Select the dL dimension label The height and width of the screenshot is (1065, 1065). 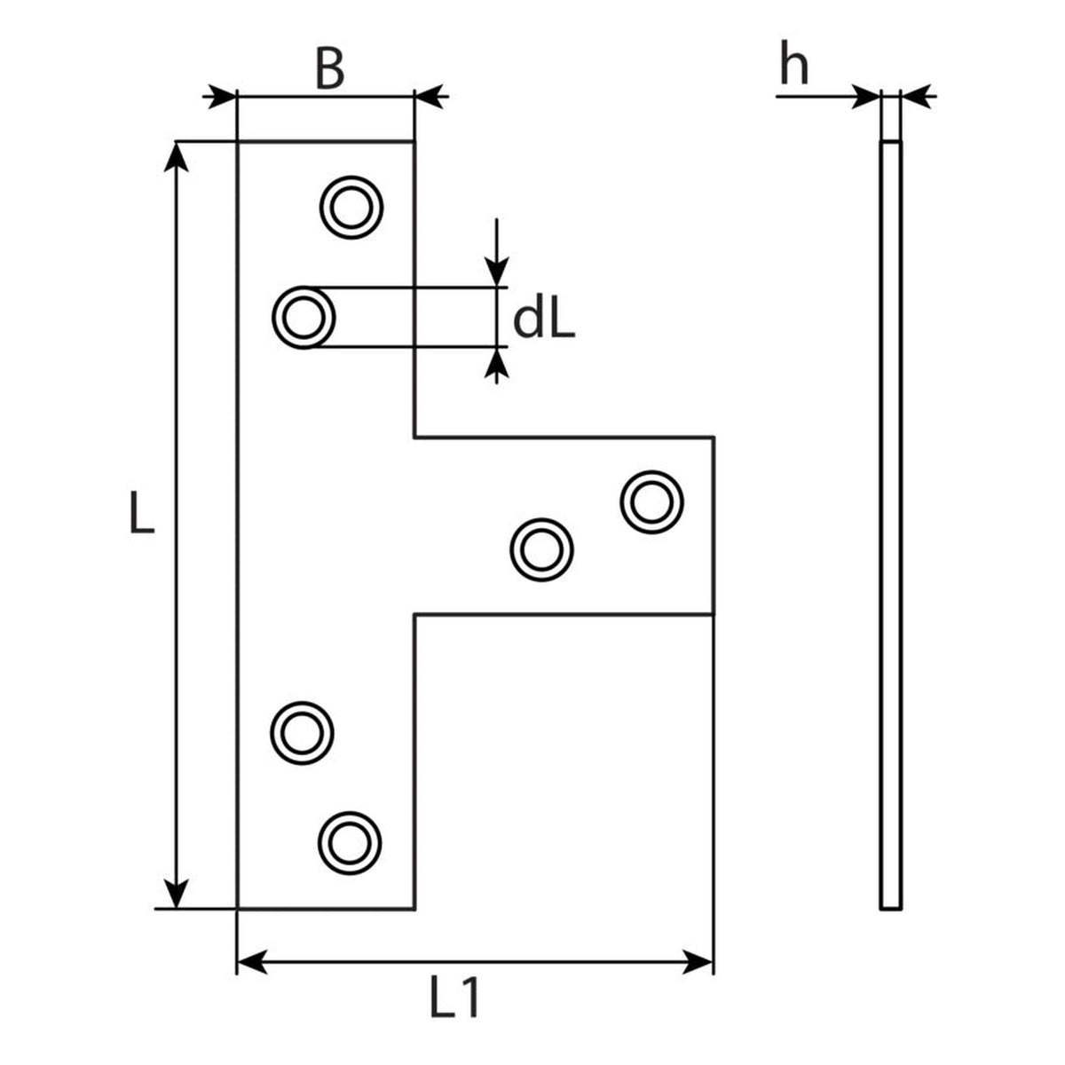[x=544, y=320]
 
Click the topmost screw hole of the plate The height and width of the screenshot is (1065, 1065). [x=351, y=208]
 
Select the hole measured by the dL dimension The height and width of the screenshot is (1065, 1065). [x=304, y=317]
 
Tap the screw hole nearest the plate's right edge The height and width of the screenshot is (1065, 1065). [x=651, y=501]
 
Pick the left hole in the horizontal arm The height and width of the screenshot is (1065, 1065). [x=541, y=550]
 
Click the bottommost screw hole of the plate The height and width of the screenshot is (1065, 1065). [x=350, y=843]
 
